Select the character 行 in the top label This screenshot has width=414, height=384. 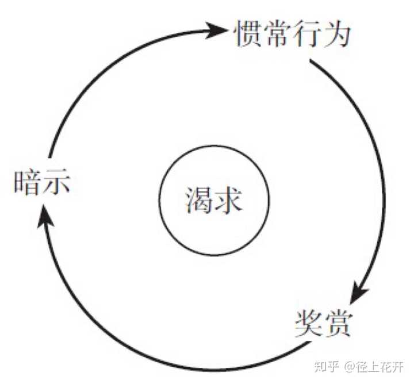(x=306, y=34)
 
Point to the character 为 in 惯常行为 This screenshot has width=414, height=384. (x=336, y=34)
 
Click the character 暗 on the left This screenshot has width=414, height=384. (x=28, y=183)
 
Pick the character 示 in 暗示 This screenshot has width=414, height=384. (x=56, y=183)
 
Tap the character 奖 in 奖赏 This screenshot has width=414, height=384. (x=308, y=324)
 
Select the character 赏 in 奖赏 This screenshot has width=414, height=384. (x=338, y=324)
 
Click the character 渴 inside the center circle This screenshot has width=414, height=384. (x=200, y=200)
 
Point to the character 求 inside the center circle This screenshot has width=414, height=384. (x=229, y=200)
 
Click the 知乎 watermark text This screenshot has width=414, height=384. (x=327, y=367)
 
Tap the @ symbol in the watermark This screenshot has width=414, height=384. (x=350, y=367)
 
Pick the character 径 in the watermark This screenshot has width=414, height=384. (x=362, y=367)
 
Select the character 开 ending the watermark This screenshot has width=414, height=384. (x=398, y=367)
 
